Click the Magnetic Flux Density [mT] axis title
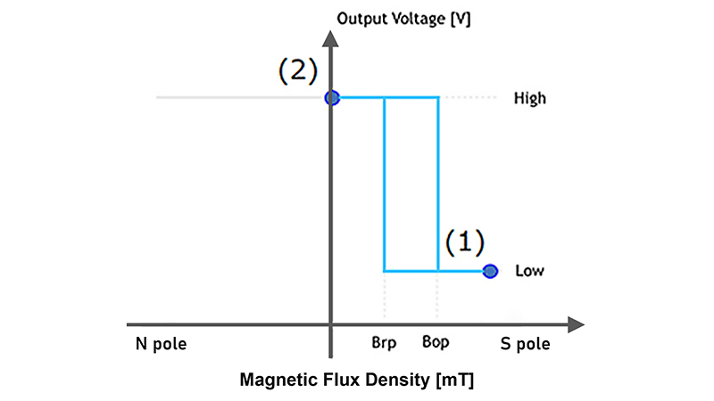(x=357, y=381)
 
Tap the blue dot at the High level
(x=332, y=98)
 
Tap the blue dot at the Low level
(x=489, y=271)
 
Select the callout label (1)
(x=464, y=241)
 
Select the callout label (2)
(x=297, y=70)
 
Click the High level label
(x=529, y=99)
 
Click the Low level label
(x=529, y=271)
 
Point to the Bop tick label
(x=436, y=341)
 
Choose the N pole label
(x=162, y=343)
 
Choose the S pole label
(x=525, y=343)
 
